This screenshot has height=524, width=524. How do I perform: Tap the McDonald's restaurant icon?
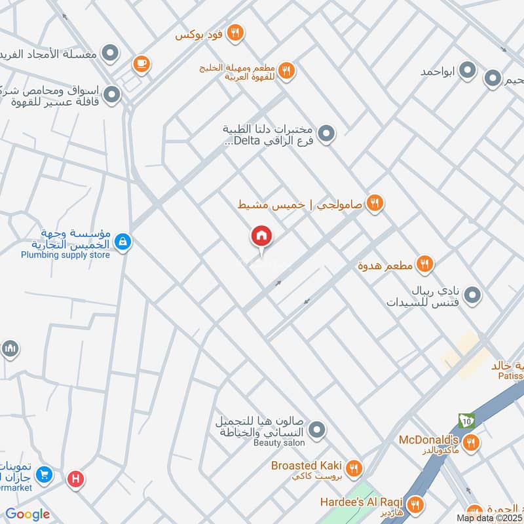[x=470, y=444]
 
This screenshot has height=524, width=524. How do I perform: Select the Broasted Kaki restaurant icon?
[x=354, y=468]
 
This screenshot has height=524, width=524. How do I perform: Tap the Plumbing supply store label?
[x=65, y=255]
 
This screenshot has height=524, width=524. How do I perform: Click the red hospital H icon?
[x=76, y=479]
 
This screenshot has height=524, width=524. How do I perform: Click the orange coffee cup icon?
[x=141, y=64]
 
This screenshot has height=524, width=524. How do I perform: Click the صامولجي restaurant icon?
[x=375, y=204]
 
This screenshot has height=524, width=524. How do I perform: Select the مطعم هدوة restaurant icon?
[x=425, y=265]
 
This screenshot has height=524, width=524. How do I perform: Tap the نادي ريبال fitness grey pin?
[x=474, y=295]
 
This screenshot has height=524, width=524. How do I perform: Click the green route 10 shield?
[x=466, y=421]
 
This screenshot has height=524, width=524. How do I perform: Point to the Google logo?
[x=28, y=514]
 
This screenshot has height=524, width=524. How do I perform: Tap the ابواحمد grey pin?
[x=468, y=70]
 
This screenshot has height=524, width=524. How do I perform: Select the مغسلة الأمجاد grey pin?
[x=112, y=53]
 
